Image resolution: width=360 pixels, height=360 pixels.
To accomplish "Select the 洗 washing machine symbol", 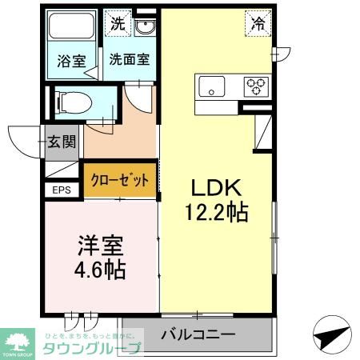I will point(117,25).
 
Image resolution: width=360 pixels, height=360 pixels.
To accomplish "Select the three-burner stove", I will point(256,84).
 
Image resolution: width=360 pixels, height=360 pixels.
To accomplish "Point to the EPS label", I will point(61,190).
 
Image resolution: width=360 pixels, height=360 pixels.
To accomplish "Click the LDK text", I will point(215,187).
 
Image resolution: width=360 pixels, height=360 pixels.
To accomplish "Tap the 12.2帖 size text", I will point(215,212).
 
